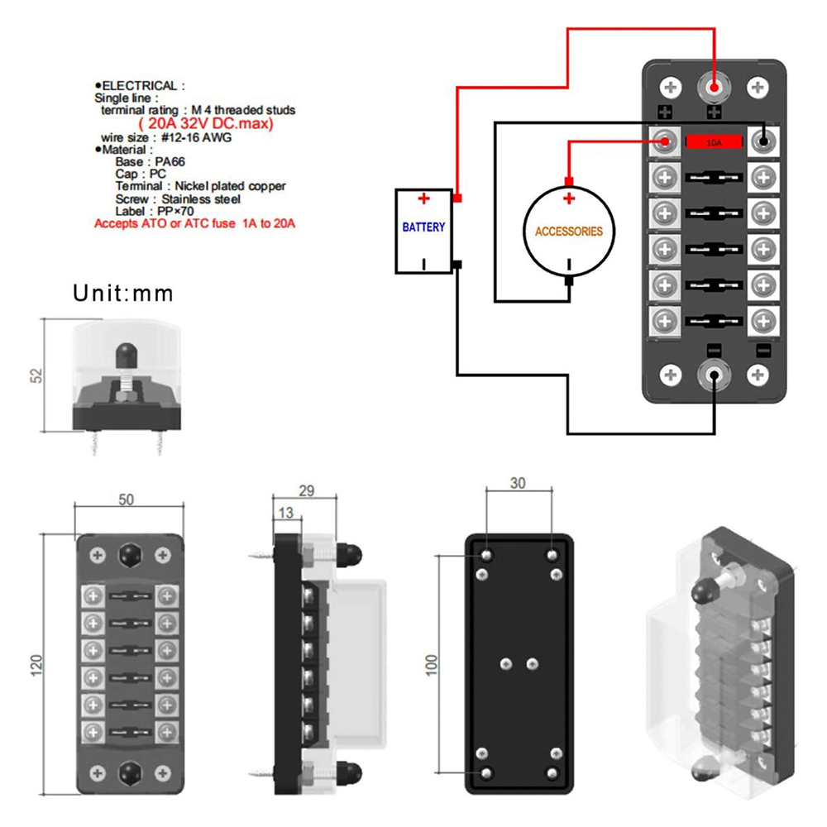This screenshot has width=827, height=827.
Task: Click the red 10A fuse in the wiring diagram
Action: (713, 141)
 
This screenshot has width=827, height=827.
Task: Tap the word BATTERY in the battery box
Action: (423, 227)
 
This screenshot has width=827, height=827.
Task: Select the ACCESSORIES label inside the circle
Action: (569, 232)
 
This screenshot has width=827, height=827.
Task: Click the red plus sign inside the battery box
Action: (423, 199)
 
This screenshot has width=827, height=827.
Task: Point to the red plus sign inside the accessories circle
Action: (568, 199)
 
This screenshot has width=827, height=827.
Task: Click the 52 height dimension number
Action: (35, 375)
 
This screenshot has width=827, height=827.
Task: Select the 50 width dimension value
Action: (126, 500)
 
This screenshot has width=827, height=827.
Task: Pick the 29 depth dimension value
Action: (306, 491)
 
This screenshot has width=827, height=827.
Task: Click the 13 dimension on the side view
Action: (286, 514)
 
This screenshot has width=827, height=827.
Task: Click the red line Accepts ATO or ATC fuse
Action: (194, 223)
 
